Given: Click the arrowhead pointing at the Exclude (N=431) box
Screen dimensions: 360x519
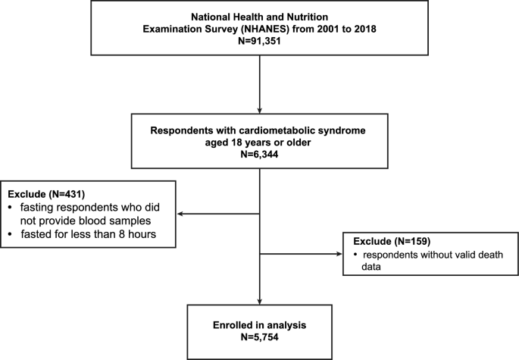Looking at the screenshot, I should tap(181, 213).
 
